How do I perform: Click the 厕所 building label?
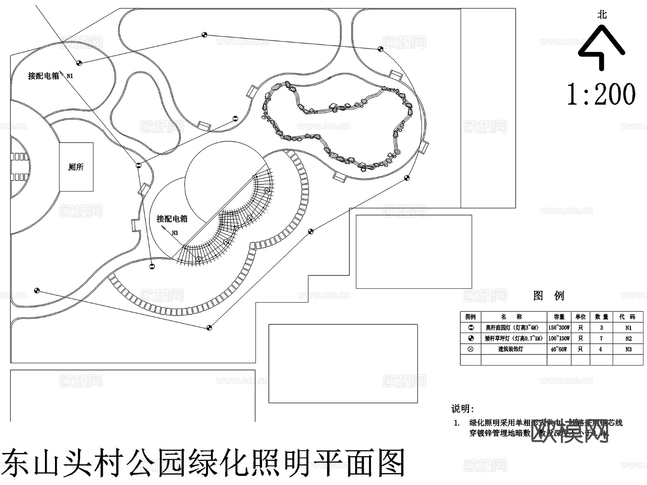tap(76, 167)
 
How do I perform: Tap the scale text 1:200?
tap(601, 94)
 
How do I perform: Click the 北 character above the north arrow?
tap(602, 15)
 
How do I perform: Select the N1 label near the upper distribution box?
tap(70, 76)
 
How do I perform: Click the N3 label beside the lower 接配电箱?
tap(175, 233)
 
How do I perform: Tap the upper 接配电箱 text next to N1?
tap(43, 76)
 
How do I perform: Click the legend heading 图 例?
tap(549, 296)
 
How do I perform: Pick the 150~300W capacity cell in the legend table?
tap(559, 328)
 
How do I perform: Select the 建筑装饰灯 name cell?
tap(510, 349)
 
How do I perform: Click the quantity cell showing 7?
tap(601, 338)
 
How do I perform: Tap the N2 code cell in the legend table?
tap(628, 338)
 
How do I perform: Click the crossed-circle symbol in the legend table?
tap(471, 349)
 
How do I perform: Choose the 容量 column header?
tap(559, 317)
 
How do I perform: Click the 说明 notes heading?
tap(462, 409)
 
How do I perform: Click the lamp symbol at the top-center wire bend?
tap(204, 35)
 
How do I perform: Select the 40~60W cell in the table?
tap(559, 349)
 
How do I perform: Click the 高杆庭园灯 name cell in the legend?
tap(512, 328)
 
